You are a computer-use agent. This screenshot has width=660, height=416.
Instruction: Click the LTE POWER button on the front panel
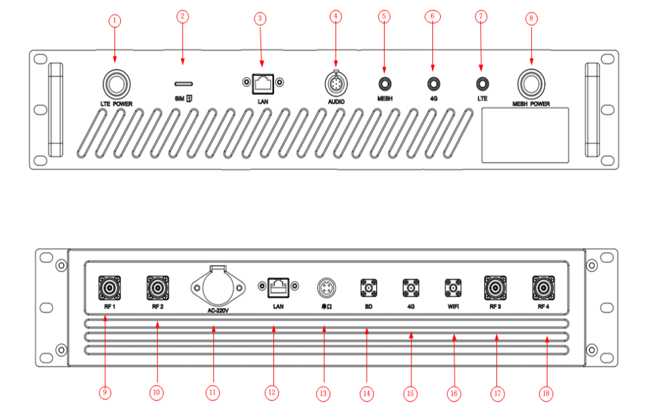tap(117, 84)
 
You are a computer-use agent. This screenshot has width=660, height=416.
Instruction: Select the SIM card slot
tap(183, 84)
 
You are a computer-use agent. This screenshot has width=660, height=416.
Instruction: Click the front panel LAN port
tap(262, 83)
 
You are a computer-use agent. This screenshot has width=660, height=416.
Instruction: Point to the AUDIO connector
tap(336, 84)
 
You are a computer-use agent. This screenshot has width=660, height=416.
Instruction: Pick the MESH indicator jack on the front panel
tap(384, 84)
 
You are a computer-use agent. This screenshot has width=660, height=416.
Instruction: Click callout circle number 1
tap(115, 20)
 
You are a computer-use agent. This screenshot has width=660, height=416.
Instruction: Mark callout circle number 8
tap(530, 19)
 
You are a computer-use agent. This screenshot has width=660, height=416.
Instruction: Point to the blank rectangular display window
tap(525, 135)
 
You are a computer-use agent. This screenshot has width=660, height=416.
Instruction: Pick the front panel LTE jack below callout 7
tap(482, 84)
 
